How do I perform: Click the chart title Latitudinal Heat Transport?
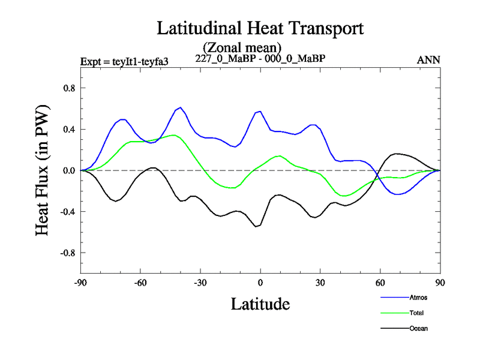(x=260, y=28)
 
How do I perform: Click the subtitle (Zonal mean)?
(x=242, y=47)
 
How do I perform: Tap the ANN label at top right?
(x=428, y=59)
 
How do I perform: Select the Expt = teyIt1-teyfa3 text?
(x=128, y=61)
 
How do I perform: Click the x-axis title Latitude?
(x=260, y=304)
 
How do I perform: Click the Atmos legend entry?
(x=418, y=298)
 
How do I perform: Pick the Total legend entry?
(x=417, y=313)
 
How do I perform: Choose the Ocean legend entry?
(x=418, y=328)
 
